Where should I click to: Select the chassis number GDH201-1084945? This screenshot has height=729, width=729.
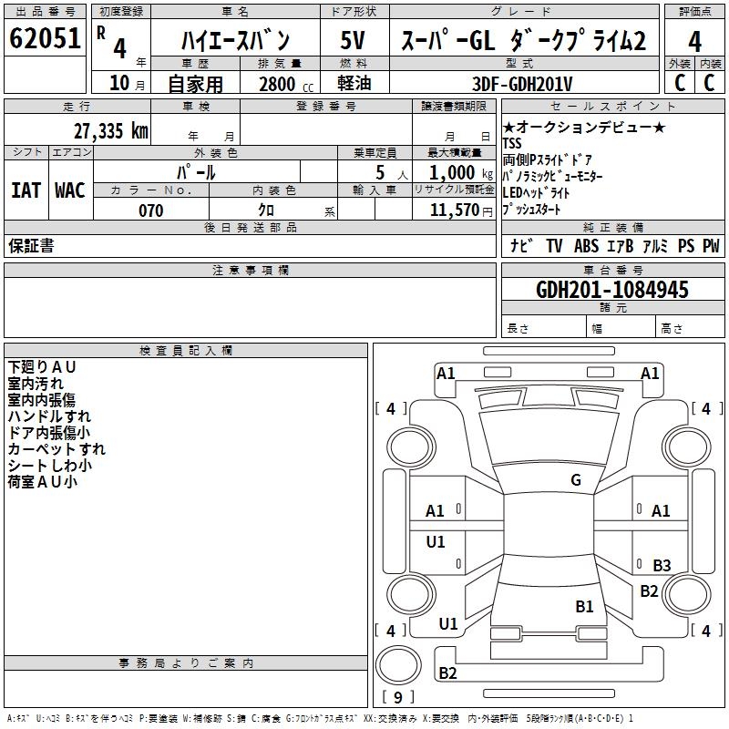point(612,291)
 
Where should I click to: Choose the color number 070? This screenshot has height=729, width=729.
point(150,210)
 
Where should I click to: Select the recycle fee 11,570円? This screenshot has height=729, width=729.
point(455,210)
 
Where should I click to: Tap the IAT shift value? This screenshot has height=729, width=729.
point(26,190)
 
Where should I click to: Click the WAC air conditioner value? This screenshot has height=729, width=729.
point(69,190)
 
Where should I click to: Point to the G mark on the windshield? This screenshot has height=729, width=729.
point(575,480)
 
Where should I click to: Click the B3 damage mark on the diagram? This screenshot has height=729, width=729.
point(662,566)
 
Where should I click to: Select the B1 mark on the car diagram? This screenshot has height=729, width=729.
point(584,606)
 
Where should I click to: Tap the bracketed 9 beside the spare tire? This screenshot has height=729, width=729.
point(397,697)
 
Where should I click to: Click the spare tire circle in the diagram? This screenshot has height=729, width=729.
point(397,664)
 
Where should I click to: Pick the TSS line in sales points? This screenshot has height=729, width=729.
point(513,143)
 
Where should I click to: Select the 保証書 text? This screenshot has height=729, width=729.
point(31,245)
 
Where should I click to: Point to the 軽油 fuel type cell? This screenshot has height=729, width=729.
point(354,84)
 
